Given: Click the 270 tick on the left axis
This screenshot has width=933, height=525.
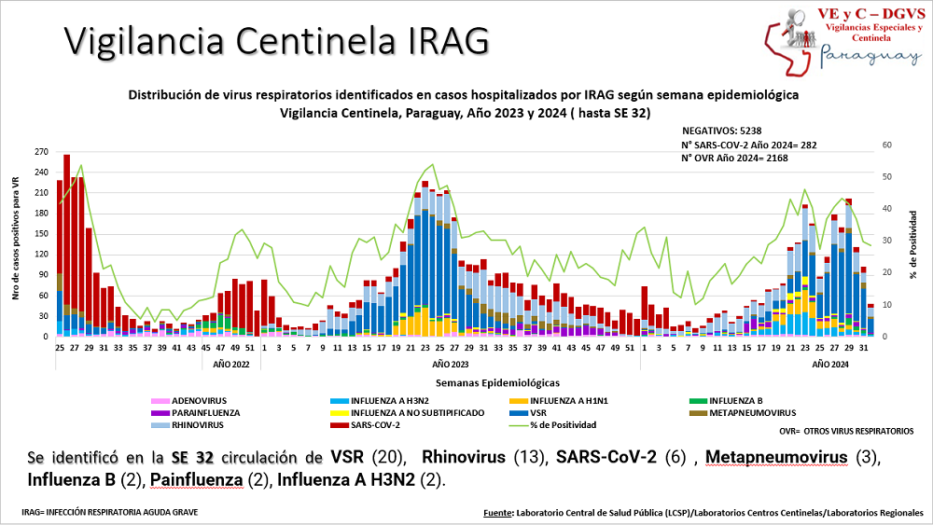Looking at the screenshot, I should [40, 151].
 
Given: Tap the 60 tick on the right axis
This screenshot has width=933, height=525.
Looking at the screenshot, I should [886, 145].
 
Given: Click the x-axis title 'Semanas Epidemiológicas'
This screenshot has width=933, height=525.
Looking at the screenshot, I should [497, 382].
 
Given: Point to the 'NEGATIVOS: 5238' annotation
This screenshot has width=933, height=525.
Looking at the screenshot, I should [724, 131].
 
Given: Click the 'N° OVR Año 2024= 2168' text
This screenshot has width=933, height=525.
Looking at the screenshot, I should [735, 158].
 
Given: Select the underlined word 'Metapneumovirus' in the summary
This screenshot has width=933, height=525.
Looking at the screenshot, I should [776, 458].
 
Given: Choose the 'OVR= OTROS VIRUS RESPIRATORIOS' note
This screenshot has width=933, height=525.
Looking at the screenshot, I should [846, 432].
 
